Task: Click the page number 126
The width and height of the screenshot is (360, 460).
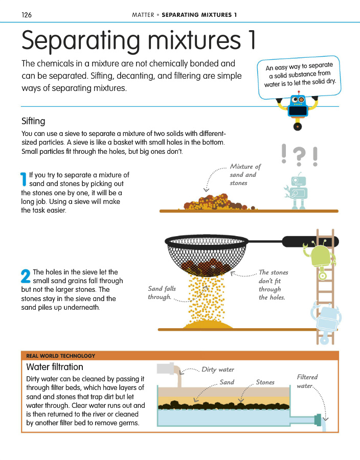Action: click(27, 15)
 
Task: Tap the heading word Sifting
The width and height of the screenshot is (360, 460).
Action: click(33, 121)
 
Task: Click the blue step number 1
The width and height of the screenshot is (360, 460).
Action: click(24, 179)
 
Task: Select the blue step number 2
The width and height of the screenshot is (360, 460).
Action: click(26, 276)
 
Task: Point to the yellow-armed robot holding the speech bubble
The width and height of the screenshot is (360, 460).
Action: click(298, 110)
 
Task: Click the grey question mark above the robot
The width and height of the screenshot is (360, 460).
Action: click(299, 156)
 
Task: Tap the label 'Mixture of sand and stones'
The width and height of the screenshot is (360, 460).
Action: click(245, 175)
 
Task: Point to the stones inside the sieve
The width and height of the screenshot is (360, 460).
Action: click(206, 266)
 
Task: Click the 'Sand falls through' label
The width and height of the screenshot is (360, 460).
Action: click(162, 293)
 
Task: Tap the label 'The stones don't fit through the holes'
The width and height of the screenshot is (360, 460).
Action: click(273, 285)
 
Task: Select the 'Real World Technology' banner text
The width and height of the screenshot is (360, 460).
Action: click(61, 356)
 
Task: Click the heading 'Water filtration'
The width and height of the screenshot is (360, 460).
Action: click(55, 367)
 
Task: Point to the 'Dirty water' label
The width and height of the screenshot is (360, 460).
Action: click(218, 370)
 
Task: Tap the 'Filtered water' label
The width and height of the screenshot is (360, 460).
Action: click(307, 381)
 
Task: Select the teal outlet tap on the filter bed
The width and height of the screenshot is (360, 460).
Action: click(318, 420)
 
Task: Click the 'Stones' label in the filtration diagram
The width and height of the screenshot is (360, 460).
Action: click(265, 382)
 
